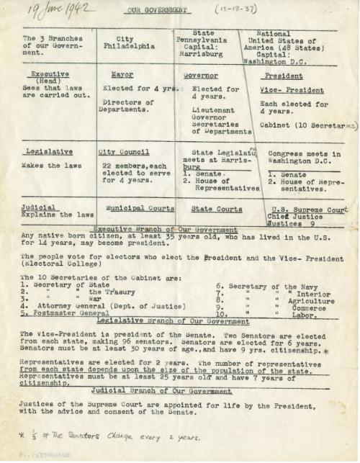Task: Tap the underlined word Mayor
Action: point(122,75)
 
